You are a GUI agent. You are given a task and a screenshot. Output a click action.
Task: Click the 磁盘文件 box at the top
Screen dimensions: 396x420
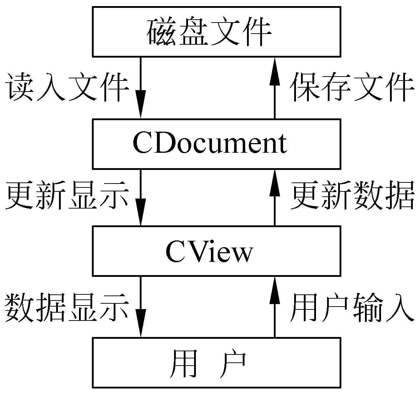216,31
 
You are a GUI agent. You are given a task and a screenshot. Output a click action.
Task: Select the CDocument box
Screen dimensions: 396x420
216,143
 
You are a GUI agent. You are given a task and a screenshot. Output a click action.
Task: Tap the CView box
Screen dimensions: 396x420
216,251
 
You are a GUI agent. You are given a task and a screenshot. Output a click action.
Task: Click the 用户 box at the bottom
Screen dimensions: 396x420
216,362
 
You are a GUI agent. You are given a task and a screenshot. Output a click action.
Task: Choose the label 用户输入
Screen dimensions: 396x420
352,307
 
